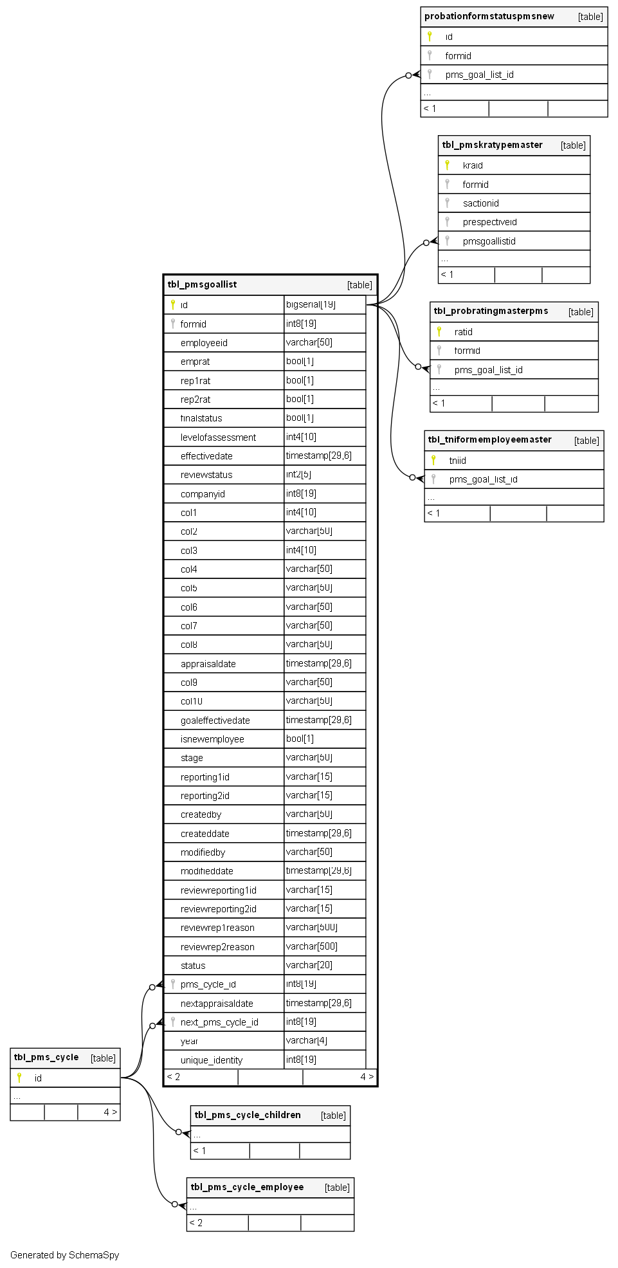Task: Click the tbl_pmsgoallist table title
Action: point(202,284)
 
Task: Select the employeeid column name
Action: point(204,343)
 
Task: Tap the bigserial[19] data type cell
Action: point(311,304)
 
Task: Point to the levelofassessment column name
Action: point(218,437)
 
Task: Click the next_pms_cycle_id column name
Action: point(219,1022)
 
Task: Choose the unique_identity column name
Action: point(212,1060)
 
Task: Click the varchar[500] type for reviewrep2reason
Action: point(311,946)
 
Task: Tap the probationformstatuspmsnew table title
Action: point(489,16)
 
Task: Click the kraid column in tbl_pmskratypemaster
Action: point(473,165)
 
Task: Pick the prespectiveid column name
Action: point(489,222)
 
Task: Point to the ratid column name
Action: point(463,332)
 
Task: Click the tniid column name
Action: point(457,461)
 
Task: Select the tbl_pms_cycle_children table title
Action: point(248,1115)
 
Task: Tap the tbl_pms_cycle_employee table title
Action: point(247,1187)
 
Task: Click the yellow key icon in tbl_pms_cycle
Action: point(19,1078)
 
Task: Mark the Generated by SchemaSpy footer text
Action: point(64,1255)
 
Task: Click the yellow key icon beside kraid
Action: point(447,165)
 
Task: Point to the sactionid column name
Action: point(480,203)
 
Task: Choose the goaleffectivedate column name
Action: point(215,721)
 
